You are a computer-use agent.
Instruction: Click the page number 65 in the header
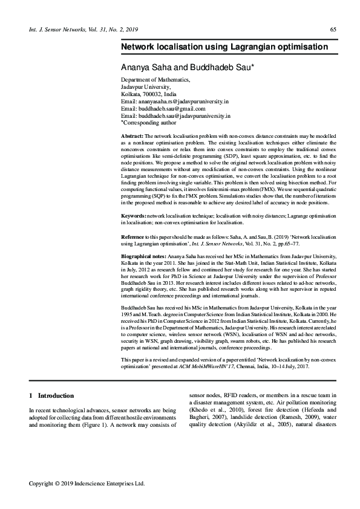pyautogui.click(x=333, y=30)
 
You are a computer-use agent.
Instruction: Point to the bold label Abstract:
pyautogui.click(x=132, y=136)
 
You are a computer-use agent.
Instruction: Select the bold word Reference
pyautogui.click(x=133, y=236)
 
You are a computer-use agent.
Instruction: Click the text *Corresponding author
pyautogui.click(x=148, y=122)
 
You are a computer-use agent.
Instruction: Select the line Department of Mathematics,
pyautogui.click(x=155, y=79)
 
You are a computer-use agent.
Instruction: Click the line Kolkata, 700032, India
pyautogui.click(x=149, y=95)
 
